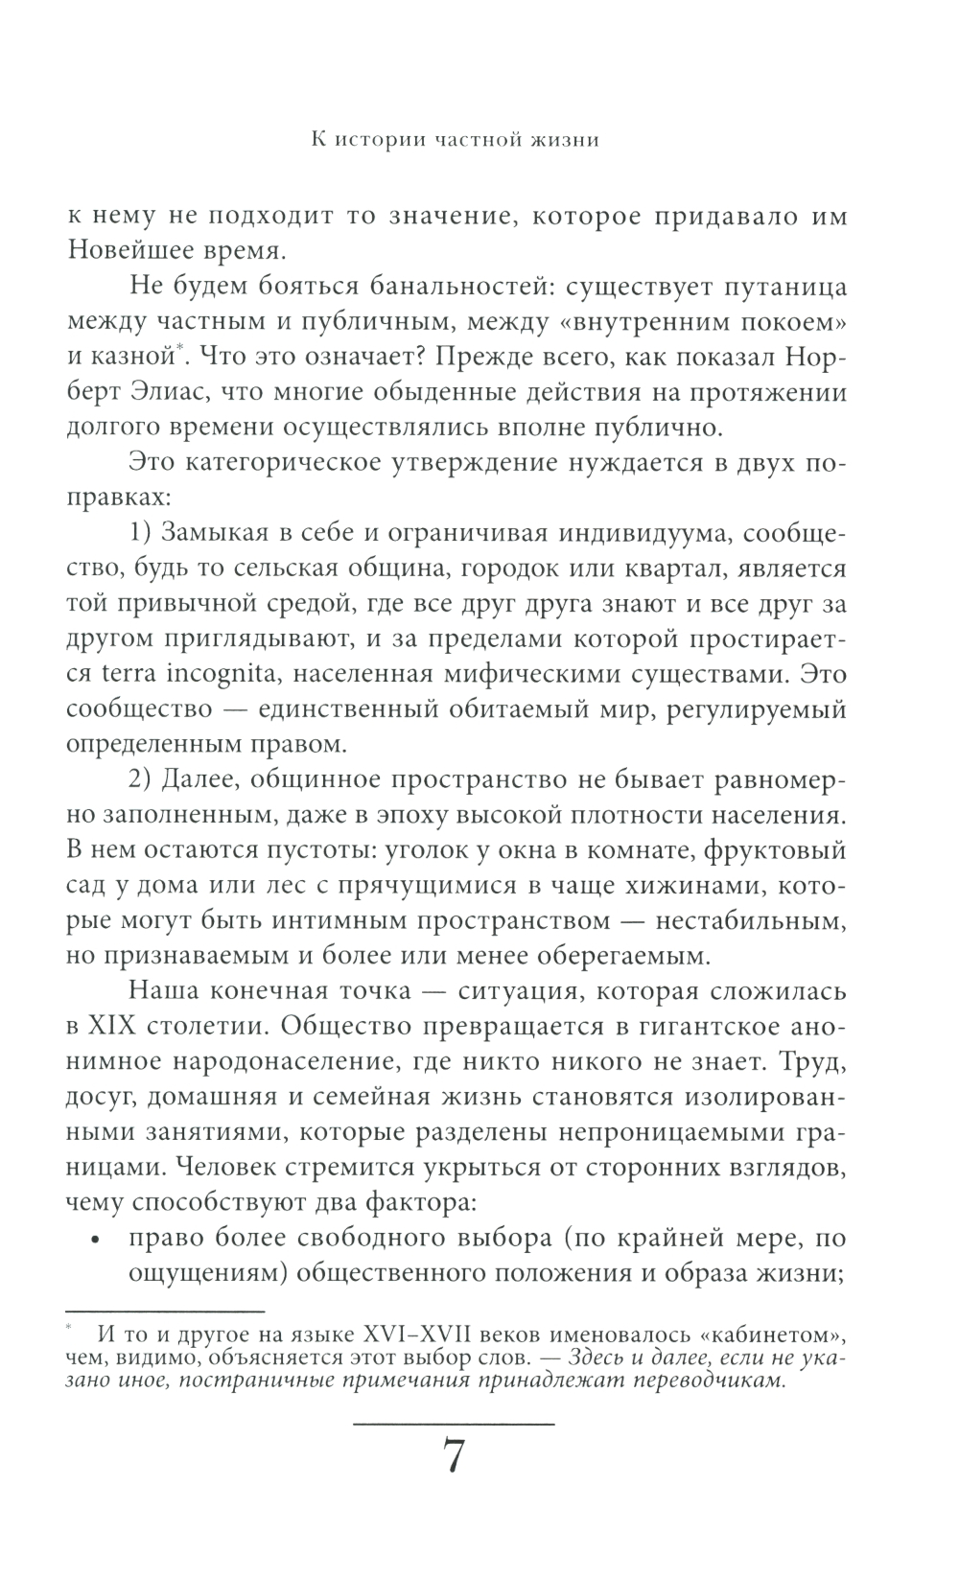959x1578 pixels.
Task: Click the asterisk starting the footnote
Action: coord(70,1329)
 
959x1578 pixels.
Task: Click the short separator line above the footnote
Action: coord(164,1310)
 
